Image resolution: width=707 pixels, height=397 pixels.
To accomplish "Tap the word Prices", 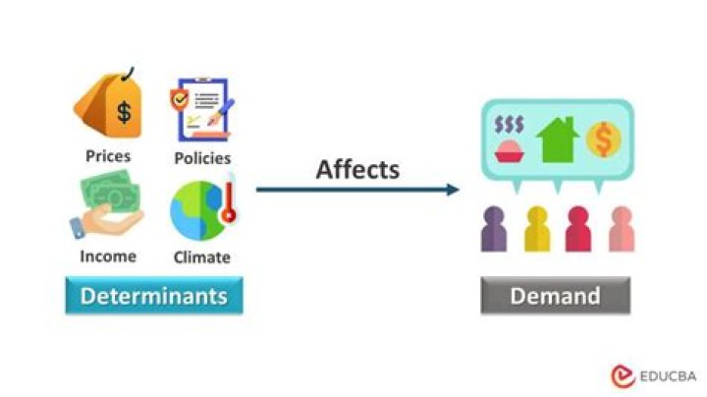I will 108,155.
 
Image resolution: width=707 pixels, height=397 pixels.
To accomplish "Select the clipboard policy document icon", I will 200,110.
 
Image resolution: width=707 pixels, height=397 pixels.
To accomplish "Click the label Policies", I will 202,157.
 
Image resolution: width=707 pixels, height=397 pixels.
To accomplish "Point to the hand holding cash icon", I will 107,210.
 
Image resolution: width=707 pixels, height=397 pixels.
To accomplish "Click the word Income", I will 108,256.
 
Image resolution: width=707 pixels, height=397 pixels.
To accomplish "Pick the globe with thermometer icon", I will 201,208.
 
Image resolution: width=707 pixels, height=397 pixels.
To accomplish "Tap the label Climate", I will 202,257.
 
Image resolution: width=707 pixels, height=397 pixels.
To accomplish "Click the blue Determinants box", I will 153,295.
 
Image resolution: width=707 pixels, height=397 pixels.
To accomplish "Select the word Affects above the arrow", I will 357,169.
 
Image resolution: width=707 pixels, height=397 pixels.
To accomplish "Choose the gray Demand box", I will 555,295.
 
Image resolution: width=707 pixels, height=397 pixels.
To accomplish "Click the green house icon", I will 556,139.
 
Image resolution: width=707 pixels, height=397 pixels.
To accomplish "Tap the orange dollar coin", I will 603,140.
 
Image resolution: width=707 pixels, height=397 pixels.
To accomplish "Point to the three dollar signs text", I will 510,125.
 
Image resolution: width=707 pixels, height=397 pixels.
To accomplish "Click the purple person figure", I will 494,228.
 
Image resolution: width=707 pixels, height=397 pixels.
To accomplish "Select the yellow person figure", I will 537,228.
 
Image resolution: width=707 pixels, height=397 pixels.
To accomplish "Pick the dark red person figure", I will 578,228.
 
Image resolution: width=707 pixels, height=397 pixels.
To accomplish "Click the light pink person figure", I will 621,228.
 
